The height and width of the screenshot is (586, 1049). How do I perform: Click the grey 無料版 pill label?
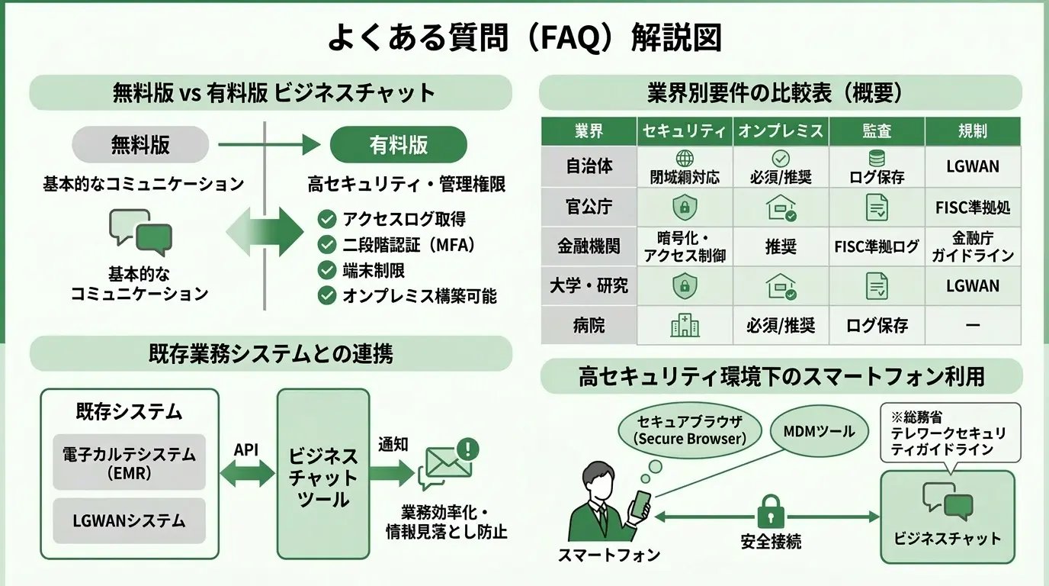tap(140, 145)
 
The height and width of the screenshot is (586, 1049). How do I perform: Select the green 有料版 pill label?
tap(398, 145)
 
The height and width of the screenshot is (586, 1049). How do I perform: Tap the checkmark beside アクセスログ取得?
tap(327, 220)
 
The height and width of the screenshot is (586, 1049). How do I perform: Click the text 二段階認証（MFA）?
tap(409, 246)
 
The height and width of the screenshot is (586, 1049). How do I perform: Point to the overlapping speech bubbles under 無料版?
tap(141, 232)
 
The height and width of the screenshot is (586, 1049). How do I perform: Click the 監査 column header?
tap(877, 131)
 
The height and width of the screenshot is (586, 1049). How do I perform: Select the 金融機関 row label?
tap(589, 246)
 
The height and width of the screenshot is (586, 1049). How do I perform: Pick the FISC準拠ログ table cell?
tap(877, 246)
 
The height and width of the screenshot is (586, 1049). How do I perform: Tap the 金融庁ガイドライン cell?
tap(973, 246)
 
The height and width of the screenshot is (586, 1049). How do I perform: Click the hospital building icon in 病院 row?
tap(685, 325)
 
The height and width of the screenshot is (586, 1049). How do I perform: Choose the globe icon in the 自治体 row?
tap(685, 159)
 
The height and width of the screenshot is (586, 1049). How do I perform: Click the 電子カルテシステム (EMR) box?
tap(129, 462)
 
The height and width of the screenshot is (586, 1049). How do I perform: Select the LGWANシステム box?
tap(129, 521)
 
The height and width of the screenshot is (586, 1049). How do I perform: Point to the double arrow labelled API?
tap(247, 474)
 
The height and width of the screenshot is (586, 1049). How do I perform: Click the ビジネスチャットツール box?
tap(323, 474)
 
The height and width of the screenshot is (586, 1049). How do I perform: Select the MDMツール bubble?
tap(819, 432)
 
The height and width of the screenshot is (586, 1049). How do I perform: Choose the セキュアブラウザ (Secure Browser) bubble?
tap(689, 431)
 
